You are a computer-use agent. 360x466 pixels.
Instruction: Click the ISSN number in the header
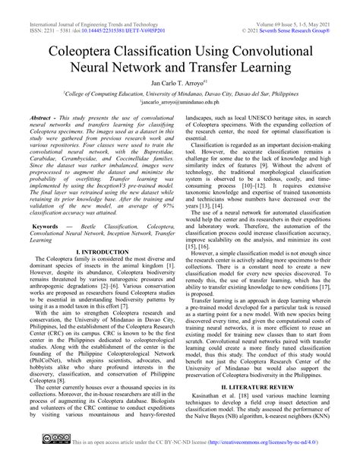[x=39, y=13]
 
